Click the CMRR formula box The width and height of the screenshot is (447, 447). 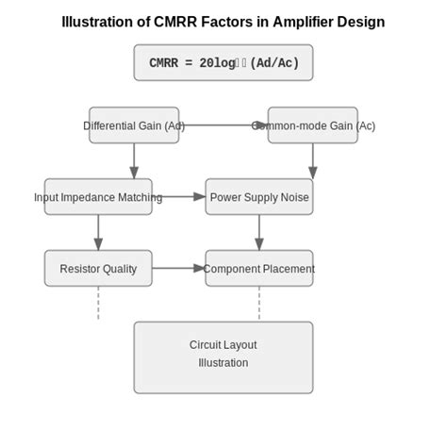pos(223,63)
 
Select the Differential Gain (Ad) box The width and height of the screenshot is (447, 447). pos(134,125)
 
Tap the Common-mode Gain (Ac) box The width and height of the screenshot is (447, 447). pos(312,125)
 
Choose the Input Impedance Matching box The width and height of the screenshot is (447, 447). pos(98,197)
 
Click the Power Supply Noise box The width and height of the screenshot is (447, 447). pos(258,197)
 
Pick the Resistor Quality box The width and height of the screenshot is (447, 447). pos(98,269)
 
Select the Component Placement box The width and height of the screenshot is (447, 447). pos(258,269)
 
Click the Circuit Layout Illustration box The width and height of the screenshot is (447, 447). pos(223,357)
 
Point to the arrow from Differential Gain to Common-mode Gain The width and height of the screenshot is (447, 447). pos(223,125)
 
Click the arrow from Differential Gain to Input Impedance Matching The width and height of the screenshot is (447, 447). pos(134,160)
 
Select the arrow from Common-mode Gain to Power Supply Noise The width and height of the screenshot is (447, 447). pos(312,160)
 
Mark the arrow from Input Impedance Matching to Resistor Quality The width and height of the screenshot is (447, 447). pos(98,232)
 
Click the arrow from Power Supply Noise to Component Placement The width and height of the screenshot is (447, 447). pos(259,232)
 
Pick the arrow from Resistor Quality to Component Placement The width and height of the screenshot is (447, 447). pos(179,269)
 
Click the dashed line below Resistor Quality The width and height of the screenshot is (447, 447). pos(98,304)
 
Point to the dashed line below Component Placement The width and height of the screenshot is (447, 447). pos(259,304)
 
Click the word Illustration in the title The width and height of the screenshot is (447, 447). pos(97,22)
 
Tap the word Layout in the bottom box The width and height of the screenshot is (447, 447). pos(240,345)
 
